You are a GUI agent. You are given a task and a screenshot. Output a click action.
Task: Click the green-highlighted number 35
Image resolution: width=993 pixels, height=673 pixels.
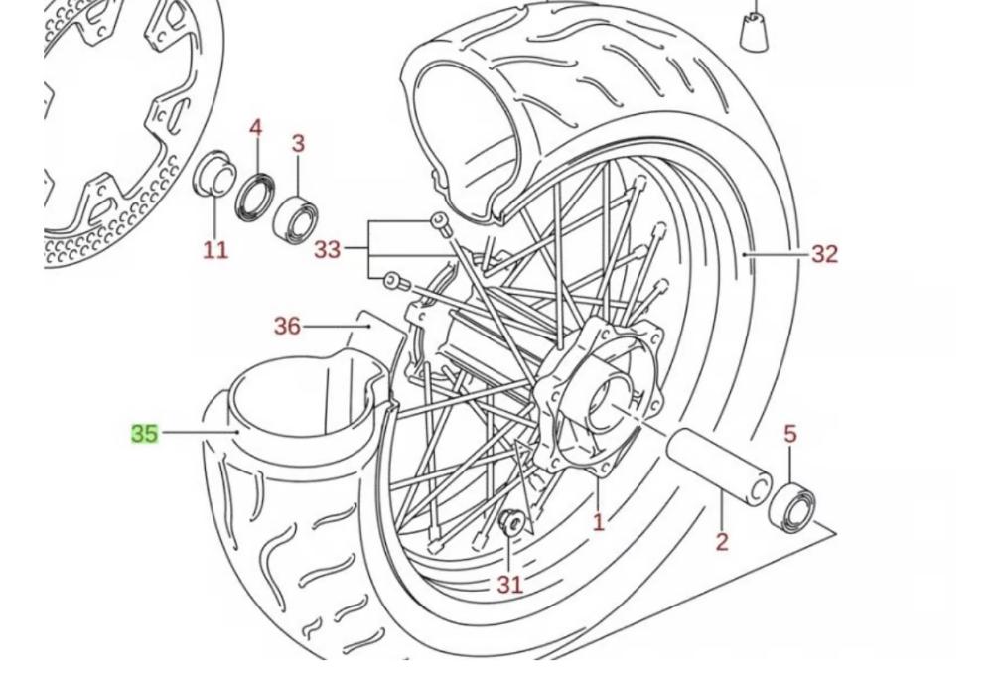coord(144,434)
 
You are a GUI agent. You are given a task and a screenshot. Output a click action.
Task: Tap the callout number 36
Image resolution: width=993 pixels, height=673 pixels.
coord(287,326)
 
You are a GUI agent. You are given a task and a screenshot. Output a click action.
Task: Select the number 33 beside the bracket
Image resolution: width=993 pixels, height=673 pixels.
coord(328,249)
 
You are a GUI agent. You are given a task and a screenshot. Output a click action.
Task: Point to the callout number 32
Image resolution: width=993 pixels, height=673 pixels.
coord(824,254)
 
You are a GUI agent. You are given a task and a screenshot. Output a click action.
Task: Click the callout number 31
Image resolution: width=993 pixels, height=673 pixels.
coord(510,585)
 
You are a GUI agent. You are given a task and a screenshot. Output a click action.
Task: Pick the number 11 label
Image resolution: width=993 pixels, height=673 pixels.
coord(215,250)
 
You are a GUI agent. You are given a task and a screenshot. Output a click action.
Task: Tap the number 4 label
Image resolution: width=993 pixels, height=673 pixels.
coord(255,128)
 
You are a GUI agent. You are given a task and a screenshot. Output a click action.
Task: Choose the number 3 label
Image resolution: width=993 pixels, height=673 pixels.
coord(298,143)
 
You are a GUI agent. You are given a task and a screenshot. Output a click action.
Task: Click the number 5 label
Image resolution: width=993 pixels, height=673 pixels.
coord(790,435)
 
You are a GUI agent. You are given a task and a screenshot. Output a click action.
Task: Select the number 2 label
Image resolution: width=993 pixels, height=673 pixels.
coord(722,541)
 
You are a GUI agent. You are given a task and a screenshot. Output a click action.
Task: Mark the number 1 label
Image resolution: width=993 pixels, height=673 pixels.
coord(599,522)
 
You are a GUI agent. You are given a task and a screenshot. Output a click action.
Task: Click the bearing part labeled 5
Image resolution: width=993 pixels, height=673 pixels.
coord(791,505)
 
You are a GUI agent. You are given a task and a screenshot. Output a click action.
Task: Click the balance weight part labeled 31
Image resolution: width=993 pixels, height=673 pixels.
coord(511,523)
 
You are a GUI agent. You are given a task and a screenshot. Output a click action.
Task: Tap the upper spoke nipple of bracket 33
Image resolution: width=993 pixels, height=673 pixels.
coord(440,222)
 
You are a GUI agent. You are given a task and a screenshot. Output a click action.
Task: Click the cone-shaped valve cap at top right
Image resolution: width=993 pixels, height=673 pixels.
coord(755,31)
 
